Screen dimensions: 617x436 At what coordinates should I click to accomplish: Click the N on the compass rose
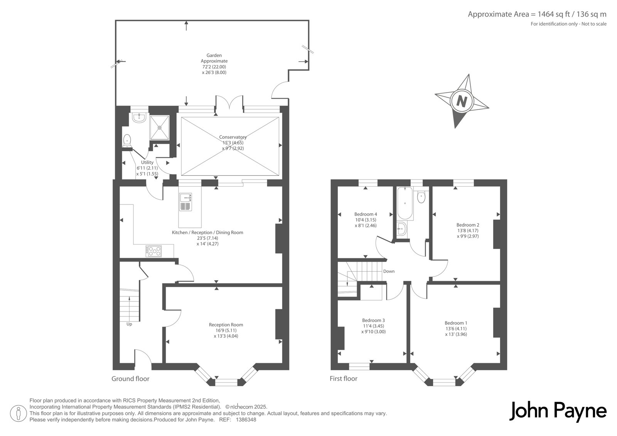click(462, 102)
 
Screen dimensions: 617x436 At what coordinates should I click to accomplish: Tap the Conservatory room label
click(233, 137)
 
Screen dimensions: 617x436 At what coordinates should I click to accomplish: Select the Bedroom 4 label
click(366, 214)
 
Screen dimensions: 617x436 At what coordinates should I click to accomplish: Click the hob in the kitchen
click(154, 251)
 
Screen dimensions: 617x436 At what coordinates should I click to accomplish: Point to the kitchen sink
click(185, 202)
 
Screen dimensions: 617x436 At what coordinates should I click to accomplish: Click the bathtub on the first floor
click(405, 204)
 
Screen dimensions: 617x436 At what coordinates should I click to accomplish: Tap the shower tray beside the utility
click(160, 128)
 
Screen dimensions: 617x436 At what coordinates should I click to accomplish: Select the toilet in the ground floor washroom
click(127, 140)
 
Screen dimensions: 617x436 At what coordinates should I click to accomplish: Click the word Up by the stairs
click(129, 324)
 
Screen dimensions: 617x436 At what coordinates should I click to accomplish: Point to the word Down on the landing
click(389, 271)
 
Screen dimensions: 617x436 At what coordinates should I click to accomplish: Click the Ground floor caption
click(130, 379)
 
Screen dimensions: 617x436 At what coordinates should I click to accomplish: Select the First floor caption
click(344, 379)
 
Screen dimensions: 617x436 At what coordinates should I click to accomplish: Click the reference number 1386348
click(246, 420)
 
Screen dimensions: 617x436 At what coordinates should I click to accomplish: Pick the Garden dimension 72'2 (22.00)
click(214, 67)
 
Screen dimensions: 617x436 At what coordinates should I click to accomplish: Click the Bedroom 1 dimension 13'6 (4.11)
click(456, 328)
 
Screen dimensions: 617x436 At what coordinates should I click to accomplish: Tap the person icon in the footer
click(18, 414)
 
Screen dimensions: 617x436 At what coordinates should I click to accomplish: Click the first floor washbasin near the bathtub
click(402, 229)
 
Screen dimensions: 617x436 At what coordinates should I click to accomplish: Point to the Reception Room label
click(226, 325)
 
